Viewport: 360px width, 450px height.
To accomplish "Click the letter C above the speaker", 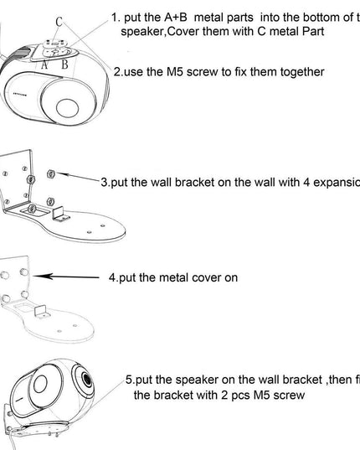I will click(x=58, y=21).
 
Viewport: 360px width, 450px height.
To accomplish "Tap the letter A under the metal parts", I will click(x=44, y=64).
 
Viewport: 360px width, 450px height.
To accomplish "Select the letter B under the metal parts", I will click(x=64, y=64).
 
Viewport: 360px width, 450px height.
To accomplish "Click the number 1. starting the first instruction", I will click(x=116, y=18).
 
